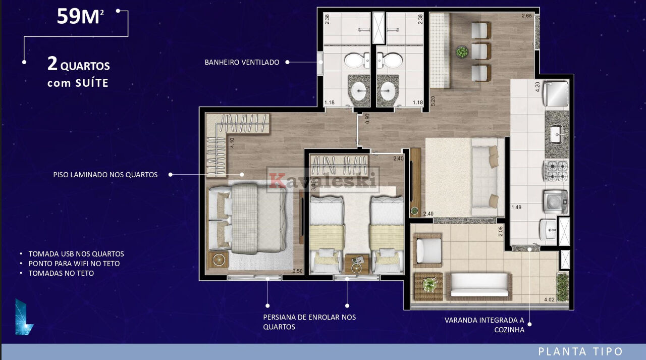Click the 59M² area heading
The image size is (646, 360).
(80, 17)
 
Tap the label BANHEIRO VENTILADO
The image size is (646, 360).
(242, 62)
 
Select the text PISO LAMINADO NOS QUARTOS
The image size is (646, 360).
(105, 175)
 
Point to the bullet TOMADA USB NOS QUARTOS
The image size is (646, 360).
(76, 254)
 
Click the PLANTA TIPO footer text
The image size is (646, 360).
(580, 351)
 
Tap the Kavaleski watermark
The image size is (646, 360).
(322, 180)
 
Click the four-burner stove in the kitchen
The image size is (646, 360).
(556, 171)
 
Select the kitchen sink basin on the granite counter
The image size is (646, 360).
(556, 134)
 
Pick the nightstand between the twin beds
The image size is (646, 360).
(357, 264)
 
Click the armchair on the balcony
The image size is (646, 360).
(427, 250)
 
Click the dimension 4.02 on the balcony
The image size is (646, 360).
(549, 300)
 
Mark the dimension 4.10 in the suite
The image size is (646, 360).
(232, 143)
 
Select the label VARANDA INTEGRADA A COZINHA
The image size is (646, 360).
(484, 325)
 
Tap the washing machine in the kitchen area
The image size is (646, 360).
(556, 201)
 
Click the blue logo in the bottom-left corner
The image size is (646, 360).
(24, 317)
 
